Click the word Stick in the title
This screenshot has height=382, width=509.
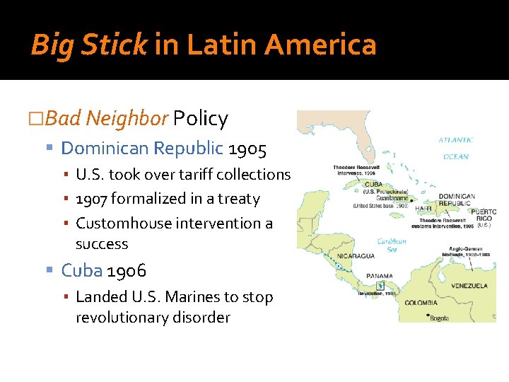(113, 45)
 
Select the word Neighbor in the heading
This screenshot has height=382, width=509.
(127, 119)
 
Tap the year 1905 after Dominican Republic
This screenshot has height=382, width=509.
(247, 149)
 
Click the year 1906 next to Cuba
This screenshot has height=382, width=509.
(127, 270)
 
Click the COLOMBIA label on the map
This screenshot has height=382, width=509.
(421, 303)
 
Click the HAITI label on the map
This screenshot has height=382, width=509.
(423, 208)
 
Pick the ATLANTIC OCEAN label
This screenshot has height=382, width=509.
(455, 148)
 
